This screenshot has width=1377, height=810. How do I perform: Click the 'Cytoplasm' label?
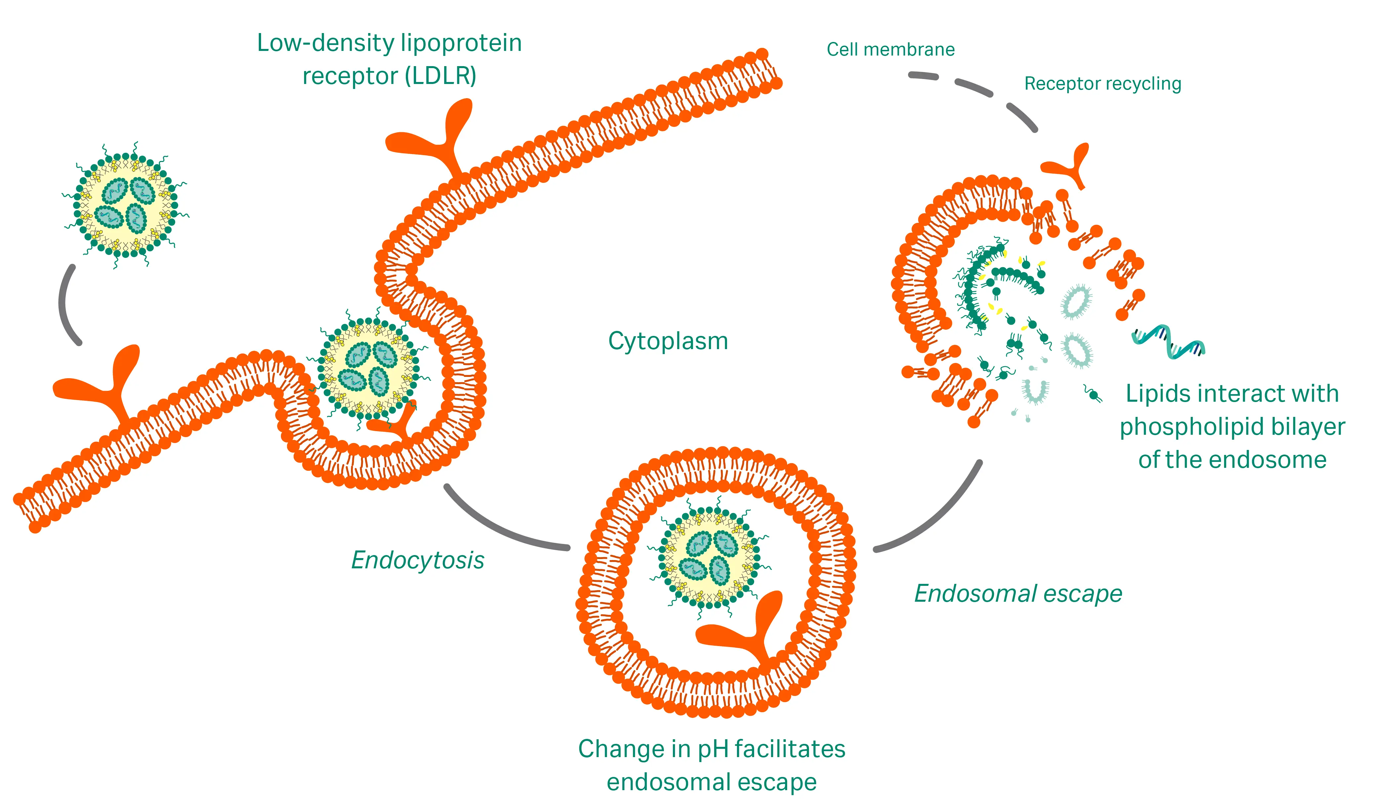(x=668, y=342)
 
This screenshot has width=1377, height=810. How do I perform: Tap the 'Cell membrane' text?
(x=890, y=50)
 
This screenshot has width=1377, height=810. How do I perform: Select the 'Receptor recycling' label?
(x=1102, y=84)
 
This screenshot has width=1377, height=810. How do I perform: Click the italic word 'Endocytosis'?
(x=417, y=560)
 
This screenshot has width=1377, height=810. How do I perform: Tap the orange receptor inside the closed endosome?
(x=743, y=628)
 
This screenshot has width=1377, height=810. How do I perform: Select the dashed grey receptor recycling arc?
(x=978, y=90)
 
